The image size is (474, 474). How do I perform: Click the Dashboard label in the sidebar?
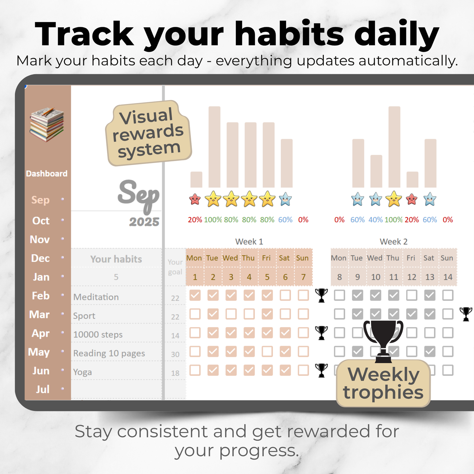(47, 174)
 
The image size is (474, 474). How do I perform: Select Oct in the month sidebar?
(41, 221)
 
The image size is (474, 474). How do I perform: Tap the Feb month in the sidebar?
(40, 296)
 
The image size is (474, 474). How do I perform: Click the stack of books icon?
(47, 124)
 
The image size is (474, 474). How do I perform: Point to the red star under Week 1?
(195, 199)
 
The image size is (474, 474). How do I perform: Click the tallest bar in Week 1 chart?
(214, 147)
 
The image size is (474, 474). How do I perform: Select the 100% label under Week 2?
(393, 220)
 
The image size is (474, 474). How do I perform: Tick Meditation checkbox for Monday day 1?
(195, 295)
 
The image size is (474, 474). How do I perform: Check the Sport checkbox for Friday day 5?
(267, 314)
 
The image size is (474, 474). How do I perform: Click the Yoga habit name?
(82, 372)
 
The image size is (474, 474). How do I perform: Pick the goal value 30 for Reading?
(175, 354)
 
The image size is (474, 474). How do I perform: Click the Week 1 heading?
(249, 242)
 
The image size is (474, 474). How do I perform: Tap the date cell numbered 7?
(303, 277)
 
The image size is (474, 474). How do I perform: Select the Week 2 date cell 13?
(429, 277)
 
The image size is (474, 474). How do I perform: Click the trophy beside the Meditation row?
(321, 295)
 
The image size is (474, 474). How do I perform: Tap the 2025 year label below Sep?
(144, 222)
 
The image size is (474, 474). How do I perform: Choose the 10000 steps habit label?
(98, 335)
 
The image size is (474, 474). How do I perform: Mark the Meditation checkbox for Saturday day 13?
(429, 295)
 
